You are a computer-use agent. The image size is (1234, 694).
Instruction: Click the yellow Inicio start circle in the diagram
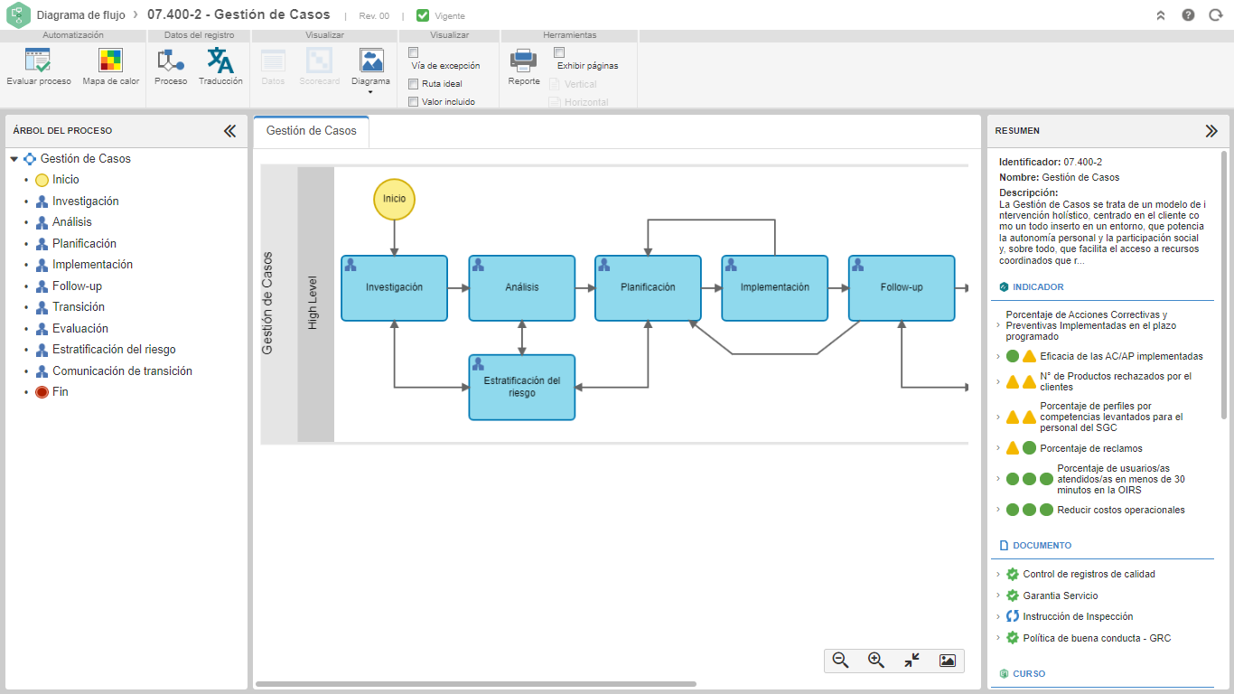pos(394,199)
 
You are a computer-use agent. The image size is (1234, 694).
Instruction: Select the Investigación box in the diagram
pos(394,287)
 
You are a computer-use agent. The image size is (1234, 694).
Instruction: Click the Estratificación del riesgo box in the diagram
pos(522,387)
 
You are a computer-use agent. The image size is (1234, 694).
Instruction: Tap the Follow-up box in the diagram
pos(902,287)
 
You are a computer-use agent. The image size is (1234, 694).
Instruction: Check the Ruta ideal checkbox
pos(413,84)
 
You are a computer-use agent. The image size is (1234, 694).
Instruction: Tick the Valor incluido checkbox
pos(413,102)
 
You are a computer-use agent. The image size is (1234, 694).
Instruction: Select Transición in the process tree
pos(79,307)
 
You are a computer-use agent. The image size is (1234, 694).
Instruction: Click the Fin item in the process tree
pos(60,392)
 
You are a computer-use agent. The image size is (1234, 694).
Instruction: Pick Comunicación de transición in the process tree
pos(122,371)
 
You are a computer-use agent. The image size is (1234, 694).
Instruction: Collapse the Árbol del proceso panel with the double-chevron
pos(229,131)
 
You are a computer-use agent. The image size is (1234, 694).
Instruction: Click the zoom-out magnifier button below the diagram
pos(841,661)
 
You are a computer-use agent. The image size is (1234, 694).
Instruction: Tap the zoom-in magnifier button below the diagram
pos(876,661)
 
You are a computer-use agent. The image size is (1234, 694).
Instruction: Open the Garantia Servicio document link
pos(1061,596)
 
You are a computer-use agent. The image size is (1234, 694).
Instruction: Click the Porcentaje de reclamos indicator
pos(1091,448)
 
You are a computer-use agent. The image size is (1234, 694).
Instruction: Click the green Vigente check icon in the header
pos(423,15)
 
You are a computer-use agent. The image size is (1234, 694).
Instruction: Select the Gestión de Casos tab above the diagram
pos(312,131)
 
